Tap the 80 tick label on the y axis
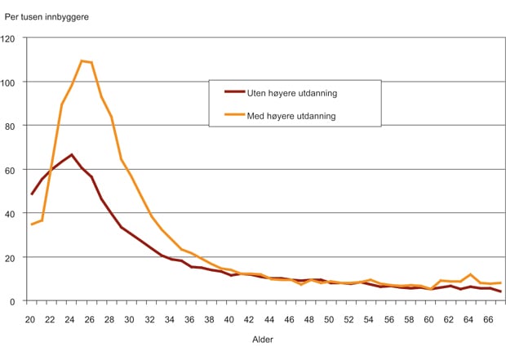coord(11,126)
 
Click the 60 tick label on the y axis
coord(11,170)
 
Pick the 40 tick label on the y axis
coord(11,213)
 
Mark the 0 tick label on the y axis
coord(14,300)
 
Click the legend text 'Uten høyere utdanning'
coord(291,93)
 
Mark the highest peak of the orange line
coord(82,61)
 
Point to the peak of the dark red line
coord(72,154)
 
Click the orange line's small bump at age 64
coord(470,274)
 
